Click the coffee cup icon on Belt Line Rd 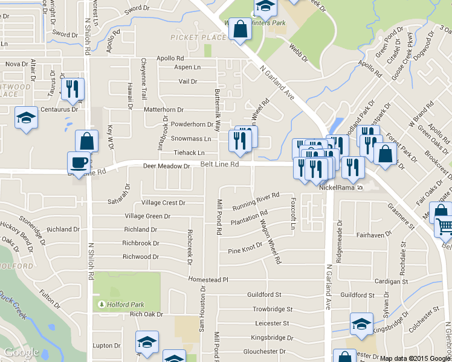click(78, 162)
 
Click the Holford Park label click(123, 305)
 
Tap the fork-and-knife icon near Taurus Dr click(73, 89)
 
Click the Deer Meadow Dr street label click(166, 166)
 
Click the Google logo click(21, 352)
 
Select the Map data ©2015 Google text click(415, 358)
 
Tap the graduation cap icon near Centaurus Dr click(26, 118)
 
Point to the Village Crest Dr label click(163, 203)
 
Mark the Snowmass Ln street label click(191, 139)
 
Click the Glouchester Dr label click(263, 352)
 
